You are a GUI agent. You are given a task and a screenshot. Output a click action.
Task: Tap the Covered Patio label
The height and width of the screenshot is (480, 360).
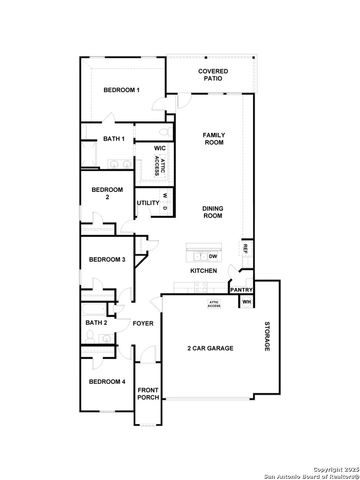coord(212,76)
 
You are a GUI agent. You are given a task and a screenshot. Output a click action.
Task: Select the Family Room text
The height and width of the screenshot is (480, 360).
coord(214,139)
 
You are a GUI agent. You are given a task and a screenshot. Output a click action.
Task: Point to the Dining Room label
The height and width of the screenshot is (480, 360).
coord(213,212)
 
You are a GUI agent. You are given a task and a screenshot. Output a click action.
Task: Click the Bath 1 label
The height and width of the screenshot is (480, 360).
coord(113,139)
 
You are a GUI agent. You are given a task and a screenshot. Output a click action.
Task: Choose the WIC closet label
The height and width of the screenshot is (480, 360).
coord(159,148)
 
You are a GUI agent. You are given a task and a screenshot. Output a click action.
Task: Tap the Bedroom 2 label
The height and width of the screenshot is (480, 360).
coord(107,194)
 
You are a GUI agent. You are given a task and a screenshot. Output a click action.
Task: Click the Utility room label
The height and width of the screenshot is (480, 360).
coord(148,203)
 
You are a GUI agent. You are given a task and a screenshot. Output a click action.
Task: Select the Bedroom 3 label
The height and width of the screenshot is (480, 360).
coord(106,260)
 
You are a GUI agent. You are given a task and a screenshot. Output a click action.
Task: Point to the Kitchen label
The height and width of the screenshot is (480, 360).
coord(204,272)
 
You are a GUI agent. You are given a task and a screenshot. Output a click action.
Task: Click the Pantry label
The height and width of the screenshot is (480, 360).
coord(242,290)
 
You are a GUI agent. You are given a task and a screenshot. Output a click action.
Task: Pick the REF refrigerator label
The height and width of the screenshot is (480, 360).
coord(245,247)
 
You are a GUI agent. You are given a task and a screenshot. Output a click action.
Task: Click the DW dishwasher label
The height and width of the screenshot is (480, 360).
coord(213,256)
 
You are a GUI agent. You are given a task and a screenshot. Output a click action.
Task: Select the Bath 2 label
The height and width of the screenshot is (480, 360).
coord(96,323)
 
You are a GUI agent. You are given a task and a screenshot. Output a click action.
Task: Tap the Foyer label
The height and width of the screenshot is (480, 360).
coord(143,323)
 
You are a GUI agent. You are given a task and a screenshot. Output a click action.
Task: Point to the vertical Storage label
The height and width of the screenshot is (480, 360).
coord(267,336)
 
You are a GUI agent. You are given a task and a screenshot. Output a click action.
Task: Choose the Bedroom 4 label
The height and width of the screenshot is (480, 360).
coord(106,382)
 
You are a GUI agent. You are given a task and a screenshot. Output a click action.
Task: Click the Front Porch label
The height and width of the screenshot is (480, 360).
coord(148,394)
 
